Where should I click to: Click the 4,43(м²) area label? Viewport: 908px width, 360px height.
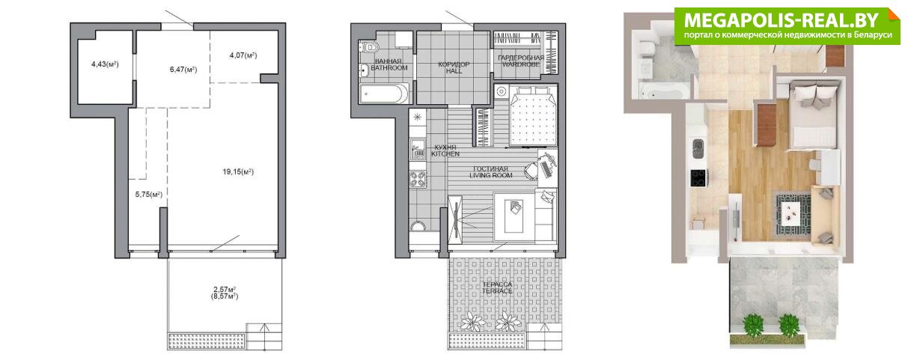tap(105, 64)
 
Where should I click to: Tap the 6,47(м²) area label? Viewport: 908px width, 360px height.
tap(183, 70)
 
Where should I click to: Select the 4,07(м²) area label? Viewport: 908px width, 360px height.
tap(243, 55)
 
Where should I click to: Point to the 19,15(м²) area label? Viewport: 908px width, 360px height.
tap(238, 172)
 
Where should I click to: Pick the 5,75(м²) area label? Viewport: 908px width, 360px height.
tap(149, 195)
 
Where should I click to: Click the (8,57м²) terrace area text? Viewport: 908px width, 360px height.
tap(224, 296)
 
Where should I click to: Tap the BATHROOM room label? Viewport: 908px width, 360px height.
tap(389, 68)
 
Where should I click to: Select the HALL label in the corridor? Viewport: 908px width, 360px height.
tap(454, 71)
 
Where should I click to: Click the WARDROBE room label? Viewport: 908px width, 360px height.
tap(521, 64)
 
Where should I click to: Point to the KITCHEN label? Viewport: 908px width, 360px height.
tap(445, 154)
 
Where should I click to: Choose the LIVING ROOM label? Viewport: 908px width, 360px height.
tap(491, 176)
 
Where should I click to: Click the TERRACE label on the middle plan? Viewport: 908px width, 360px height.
tap(497, 291)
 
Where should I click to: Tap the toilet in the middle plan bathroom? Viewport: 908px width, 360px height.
tap(369, 47)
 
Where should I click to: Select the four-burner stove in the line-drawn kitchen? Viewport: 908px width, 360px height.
tap(418, 179)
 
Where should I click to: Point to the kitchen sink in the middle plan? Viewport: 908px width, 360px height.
tap(418, 149)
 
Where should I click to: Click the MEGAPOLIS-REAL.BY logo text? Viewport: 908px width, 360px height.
tap(781, 19)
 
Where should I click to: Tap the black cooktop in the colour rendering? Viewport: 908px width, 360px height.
tap(698, 178)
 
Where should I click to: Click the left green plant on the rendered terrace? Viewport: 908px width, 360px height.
tap(753, 326)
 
